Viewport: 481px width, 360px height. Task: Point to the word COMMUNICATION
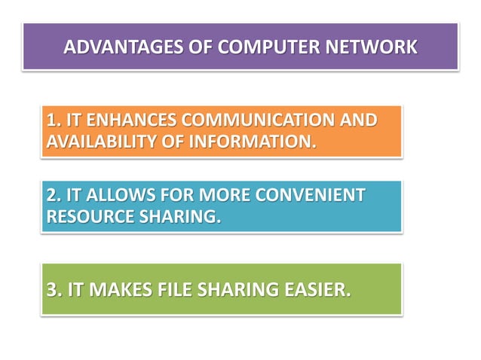click(256, 121)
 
